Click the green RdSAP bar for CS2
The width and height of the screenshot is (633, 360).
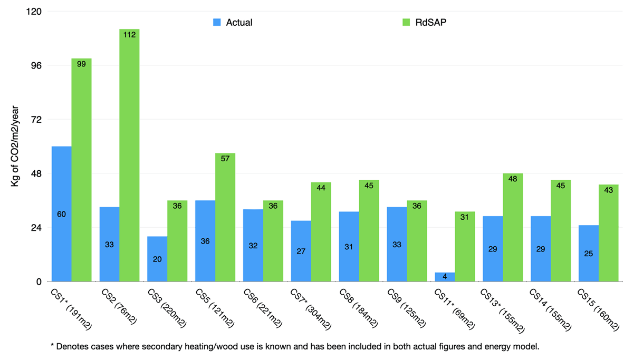tap(129, 158)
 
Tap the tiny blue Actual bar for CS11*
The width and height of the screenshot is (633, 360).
tap(445, 277)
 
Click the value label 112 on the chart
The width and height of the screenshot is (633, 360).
tap(129, 35)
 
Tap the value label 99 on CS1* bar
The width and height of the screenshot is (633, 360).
tap(81, 64)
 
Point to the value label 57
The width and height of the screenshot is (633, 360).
tap(225, 159)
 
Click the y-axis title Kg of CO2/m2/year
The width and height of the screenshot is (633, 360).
tap(14, 147)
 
